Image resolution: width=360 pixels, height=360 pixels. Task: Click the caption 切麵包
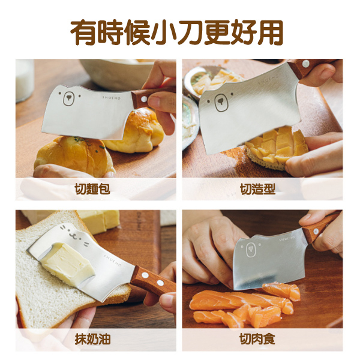92,189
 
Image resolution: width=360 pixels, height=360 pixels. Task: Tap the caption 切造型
257,189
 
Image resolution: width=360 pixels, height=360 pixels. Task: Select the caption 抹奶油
92,339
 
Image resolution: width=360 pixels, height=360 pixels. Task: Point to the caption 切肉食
257,339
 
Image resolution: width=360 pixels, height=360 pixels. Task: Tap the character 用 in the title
271,32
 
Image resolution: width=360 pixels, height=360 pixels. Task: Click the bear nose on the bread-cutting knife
68,98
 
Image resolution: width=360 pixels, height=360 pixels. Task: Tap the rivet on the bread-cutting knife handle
144,99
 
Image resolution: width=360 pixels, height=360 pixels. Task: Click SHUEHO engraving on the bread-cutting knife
112,98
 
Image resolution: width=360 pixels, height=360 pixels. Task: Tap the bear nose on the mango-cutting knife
221,101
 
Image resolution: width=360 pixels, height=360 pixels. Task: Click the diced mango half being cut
277,147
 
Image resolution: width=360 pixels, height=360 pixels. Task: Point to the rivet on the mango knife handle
305,64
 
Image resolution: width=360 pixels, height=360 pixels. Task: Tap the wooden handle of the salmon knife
322,226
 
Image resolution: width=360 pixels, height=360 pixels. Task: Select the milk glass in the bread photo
25,80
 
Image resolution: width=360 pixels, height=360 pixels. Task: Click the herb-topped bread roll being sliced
74,156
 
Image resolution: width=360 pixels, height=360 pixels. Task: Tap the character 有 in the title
83,32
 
